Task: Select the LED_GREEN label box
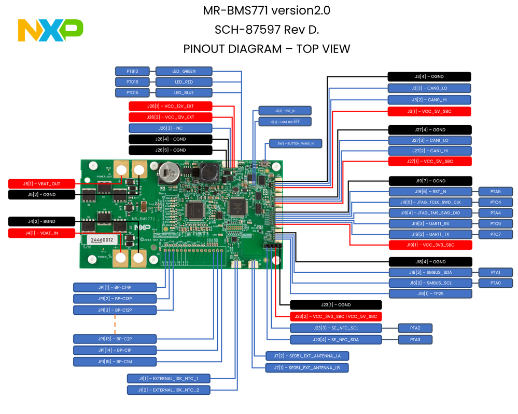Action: (x=184, y=71)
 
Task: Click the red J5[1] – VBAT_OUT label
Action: (x=41, y=183)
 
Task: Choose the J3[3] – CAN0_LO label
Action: (x=429, y=88)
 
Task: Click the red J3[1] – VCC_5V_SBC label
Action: (x=429, y=111)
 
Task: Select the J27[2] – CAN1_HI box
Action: (x=430, y=151)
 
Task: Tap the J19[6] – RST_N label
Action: (x=430, y=192)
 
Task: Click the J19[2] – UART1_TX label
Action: (x=430, y=234)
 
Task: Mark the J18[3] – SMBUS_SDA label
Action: (x=430, y=272)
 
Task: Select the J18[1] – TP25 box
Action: (x=430, y=293)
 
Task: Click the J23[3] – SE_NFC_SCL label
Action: (x=335, y=328)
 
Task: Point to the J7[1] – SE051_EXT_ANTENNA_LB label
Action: (x=306, y=368)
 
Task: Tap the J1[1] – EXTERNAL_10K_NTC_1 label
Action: (x=169, y=378)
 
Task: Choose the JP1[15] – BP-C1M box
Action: (x=115, y=362)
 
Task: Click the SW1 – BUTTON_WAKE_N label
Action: (x=296, y=143)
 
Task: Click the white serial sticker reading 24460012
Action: (x=101, y=240)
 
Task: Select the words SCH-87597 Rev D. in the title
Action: (x=267, y=30)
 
